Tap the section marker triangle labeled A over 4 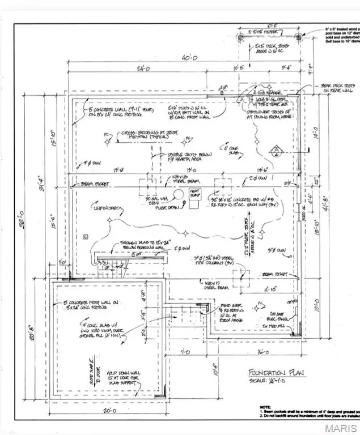tap(276, 151)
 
